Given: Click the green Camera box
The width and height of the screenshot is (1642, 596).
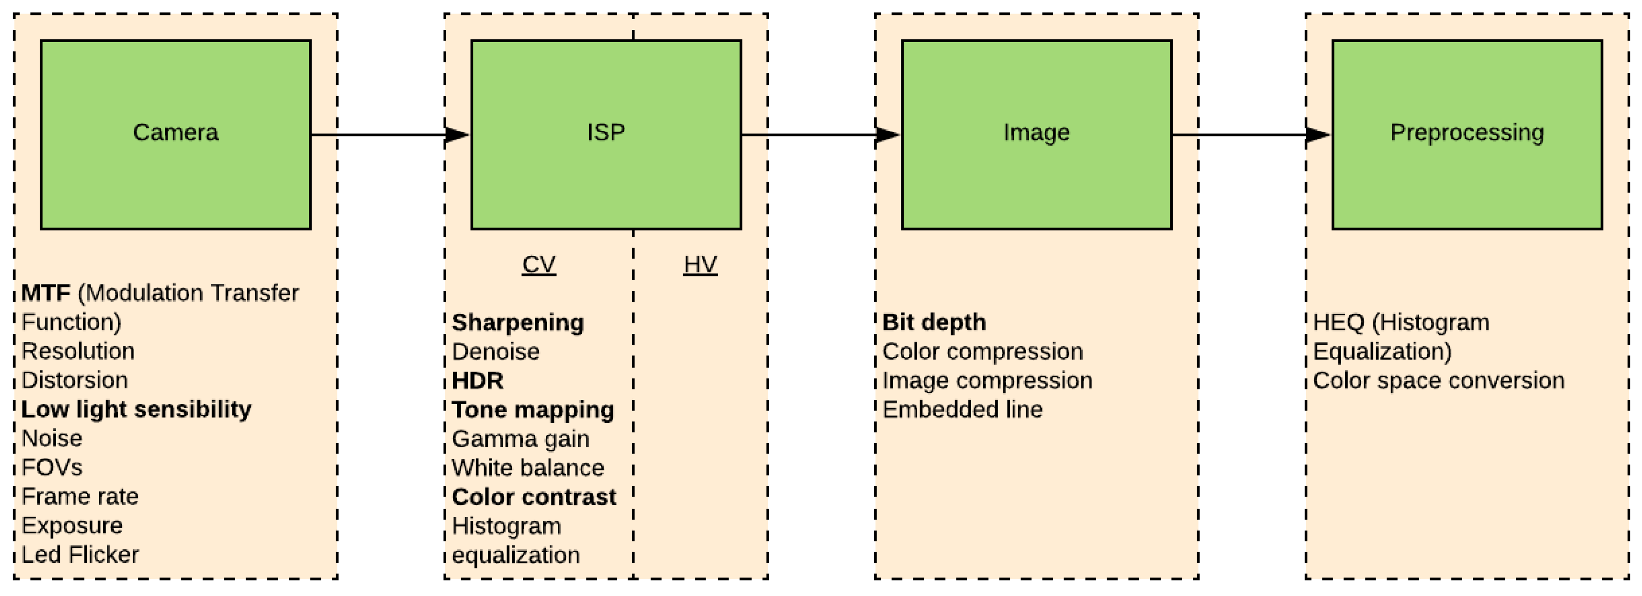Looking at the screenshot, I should pos(175,135).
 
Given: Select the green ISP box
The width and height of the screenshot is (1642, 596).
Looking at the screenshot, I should pos(606,135).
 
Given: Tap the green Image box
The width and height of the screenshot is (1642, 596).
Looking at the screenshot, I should pos(1036,135).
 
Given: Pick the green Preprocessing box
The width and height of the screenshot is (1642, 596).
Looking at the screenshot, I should pos(1467,135).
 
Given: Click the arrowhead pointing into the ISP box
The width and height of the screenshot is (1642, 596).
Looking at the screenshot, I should pos(457,135).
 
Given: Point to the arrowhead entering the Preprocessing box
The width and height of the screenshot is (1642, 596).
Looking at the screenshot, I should pos(1318,135).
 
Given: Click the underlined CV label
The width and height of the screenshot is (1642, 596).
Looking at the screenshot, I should pos(539,264).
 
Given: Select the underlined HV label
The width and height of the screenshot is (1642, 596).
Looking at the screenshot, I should pos(700,264).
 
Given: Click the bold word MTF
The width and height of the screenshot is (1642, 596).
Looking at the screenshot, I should pos(45,293).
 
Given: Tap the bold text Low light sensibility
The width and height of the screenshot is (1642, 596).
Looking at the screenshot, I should pos(136,409).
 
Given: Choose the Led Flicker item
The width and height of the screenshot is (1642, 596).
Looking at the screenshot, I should pos(80,554).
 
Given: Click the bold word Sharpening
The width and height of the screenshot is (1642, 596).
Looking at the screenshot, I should pos(518,323).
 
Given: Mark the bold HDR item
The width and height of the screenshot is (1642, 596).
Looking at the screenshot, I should pos(478,381).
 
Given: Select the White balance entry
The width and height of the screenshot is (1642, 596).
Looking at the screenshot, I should pos(528,468).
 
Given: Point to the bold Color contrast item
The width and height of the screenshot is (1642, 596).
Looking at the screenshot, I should pos(534,497).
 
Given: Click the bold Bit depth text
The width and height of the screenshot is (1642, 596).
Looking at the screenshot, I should pos(934,323).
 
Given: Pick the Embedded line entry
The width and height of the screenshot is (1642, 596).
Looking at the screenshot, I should pos(963,409).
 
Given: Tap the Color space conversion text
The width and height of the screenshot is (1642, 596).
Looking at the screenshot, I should pos(1439,381).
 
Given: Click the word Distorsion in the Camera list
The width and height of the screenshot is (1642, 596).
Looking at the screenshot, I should pos(75,380).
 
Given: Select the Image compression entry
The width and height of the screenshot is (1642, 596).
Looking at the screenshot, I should pos(987,381).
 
